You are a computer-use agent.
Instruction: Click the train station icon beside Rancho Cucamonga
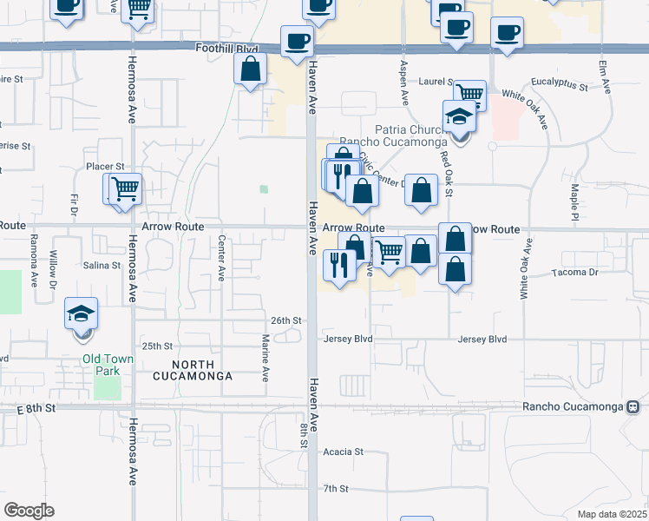coord(633,406)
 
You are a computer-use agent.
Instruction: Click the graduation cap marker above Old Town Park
coord(82,313)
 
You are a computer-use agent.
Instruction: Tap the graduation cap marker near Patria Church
coord(459,117)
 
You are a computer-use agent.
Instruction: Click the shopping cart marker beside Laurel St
coord(469,93)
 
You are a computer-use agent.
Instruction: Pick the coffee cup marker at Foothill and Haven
coord(297,41)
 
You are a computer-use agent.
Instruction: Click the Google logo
coord(29,511)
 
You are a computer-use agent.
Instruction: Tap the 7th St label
coord(336,489)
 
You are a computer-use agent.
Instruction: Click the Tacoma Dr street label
coord(575,273)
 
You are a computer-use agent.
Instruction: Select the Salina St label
coord(102,265)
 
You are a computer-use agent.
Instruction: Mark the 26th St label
coord(285,320)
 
